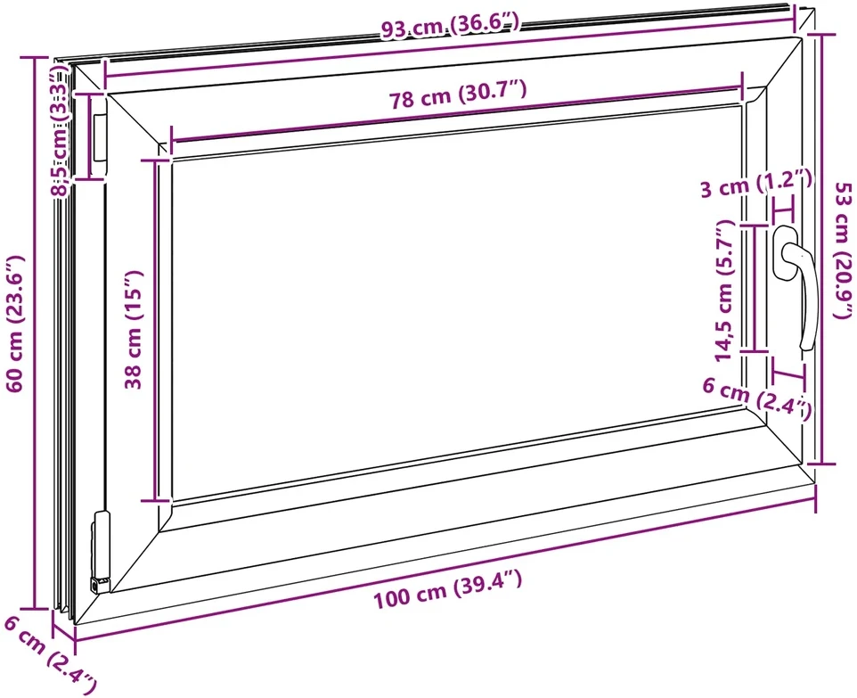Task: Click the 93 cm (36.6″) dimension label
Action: click(449, 25)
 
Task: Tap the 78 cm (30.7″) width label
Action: click(458, 94)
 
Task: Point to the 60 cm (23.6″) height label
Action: click(15, 324)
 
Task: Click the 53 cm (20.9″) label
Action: click(843, 250)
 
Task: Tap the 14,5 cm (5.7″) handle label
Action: click(724, 291)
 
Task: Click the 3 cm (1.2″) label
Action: click(755, 184)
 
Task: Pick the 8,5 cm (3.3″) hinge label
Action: click(60, 131)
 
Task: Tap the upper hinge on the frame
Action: click(100, 138)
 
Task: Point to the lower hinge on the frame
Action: click(102, 552)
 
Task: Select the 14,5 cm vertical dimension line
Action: click(755, 288)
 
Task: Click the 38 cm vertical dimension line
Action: click(156, 331)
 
